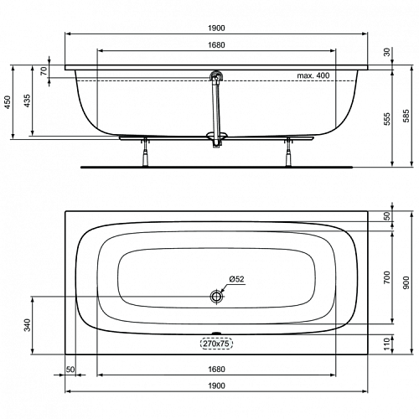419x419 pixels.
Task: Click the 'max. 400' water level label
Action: tap(313, 75)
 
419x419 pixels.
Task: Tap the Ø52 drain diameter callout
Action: tap(236, 279)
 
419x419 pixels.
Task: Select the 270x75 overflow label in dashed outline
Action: tap(216, 344)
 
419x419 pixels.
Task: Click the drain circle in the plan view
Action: tap(216, 297)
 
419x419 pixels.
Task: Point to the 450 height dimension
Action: tap(8, 102)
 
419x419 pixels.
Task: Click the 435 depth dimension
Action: tap(27, 101)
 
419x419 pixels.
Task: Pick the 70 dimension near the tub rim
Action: tap(44, 71)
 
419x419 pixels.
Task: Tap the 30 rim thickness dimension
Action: tap(387, 52)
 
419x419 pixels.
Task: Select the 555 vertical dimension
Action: tap(387, 119)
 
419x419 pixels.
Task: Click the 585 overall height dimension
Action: tap(406, 116)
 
